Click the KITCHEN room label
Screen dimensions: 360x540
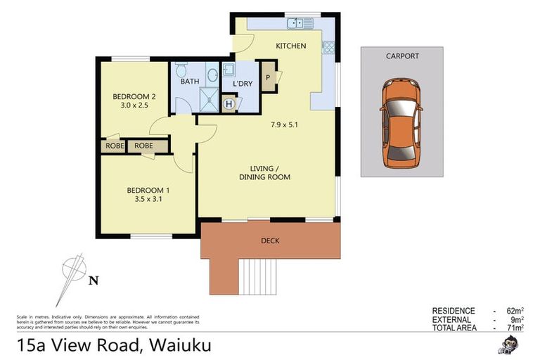coord(290,46)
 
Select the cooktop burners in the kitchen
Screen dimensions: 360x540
coord(328,47)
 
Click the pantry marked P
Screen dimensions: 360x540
coord(269,77)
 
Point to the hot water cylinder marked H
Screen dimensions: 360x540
coord(229,103)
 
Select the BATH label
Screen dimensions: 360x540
coord(190,82)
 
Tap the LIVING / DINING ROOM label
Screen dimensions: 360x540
coord(270,172)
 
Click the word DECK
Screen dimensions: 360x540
coord(270,240)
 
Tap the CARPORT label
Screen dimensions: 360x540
coord(401,56)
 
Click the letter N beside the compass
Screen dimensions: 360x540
coord(93,281)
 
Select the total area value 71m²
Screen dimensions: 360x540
coord(513,328)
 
